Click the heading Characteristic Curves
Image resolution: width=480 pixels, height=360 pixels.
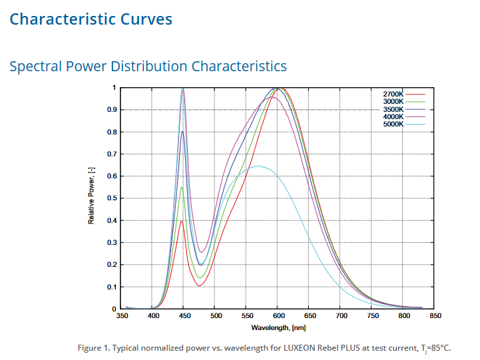click(x=91, y=19)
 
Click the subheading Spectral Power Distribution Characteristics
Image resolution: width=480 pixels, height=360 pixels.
click(x=148, y=67)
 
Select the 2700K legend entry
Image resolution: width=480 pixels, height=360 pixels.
click(x=393, y=94)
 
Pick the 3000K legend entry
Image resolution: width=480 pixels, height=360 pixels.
click(x=393, y=101)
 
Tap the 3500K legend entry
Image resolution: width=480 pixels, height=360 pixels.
click(x=393, y=108)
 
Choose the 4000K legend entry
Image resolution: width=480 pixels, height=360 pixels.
click(x=393, y=116)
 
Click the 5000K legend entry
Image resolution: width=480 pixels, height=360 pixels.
click(x=393, y=124)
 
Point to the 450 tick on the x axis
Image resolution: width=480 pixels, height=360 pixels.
click(x=185, y=316)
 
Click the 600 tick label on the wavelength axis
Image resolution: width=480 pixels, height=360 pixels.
click(x=279, y=316)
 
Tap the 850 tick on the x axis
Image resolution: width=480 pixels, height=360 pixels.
click(x=435, y=316)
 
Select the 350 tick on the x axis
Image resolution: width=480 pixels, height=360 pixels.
click(x=122, y=316)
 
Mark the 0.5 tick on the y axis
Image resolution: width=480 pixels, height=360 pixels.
click(x=113, y=198)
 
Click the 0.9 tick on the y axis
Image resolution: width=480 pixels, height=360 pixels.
click(x=113, y=110)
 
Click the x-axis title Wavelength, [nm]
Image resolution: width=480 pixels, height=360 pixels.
click(x=278, y=327)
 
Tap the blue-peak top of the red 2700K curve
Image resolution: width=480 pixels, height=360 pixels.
click(x=181, y=221)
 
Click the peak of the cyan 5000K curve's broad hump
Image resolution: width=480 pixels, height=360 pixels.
click(x=258, y=166)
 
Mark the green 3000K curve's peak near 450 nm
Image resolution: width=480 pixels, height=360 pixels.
click(x=182, y=187)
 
